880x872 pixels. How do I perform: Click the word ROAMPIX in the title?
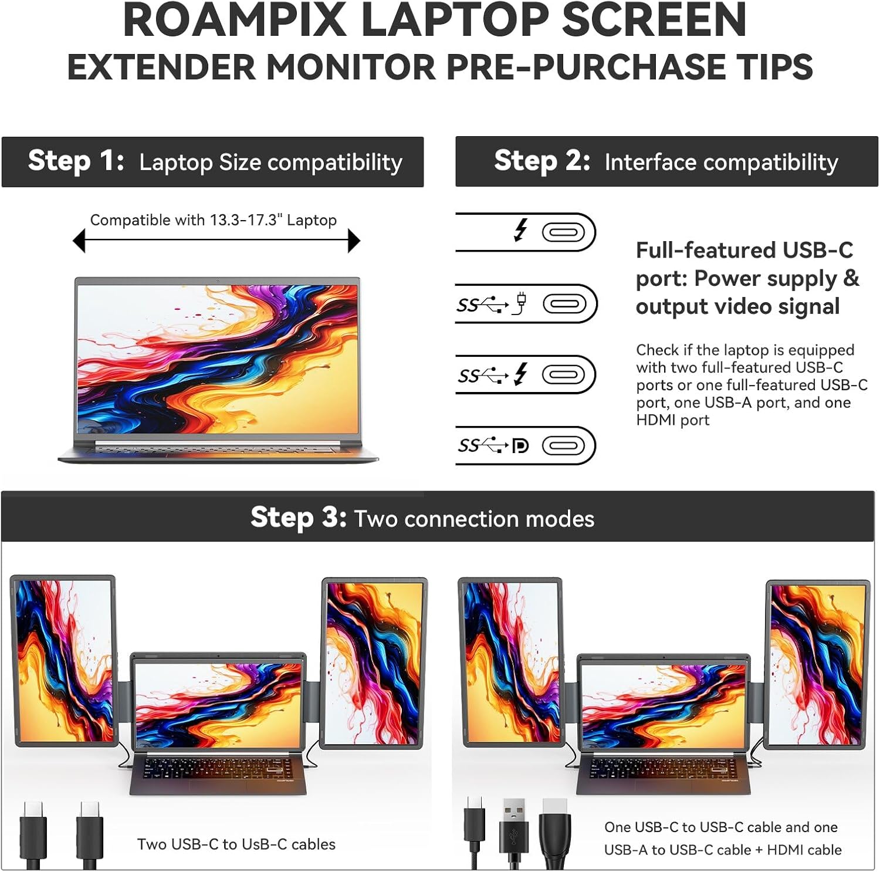[x=235, y=21]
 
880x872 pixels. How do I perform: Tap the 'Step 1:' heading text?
[x=76, y=161]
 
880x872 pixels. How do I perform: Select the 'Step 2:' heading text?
[x=541, y=161]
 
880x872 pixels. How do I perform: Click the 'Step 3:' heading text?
[x=298, y=518]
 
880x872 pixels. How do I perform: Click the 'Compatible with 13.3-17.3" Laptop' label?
[x=213, y=220]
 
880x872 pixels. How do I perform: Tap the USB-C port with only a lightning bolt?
[x=563, y=232]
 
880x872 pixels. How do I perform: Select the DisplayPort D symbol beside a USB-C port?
[x=520, y=446]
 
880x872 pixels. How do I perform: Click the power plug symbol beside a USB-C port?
[x=520, y=304]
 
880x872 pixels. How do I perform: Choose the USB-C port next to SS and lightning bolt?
[x=563, y=374]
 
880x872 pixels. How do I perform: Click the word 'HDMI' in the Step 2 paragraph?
[x=673, y=420]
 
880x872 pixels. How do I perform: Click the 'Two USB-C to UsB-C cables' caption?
[x=236, y=844]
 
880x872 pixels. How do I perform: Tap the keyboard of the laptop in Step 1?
[x=217, y=449]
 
